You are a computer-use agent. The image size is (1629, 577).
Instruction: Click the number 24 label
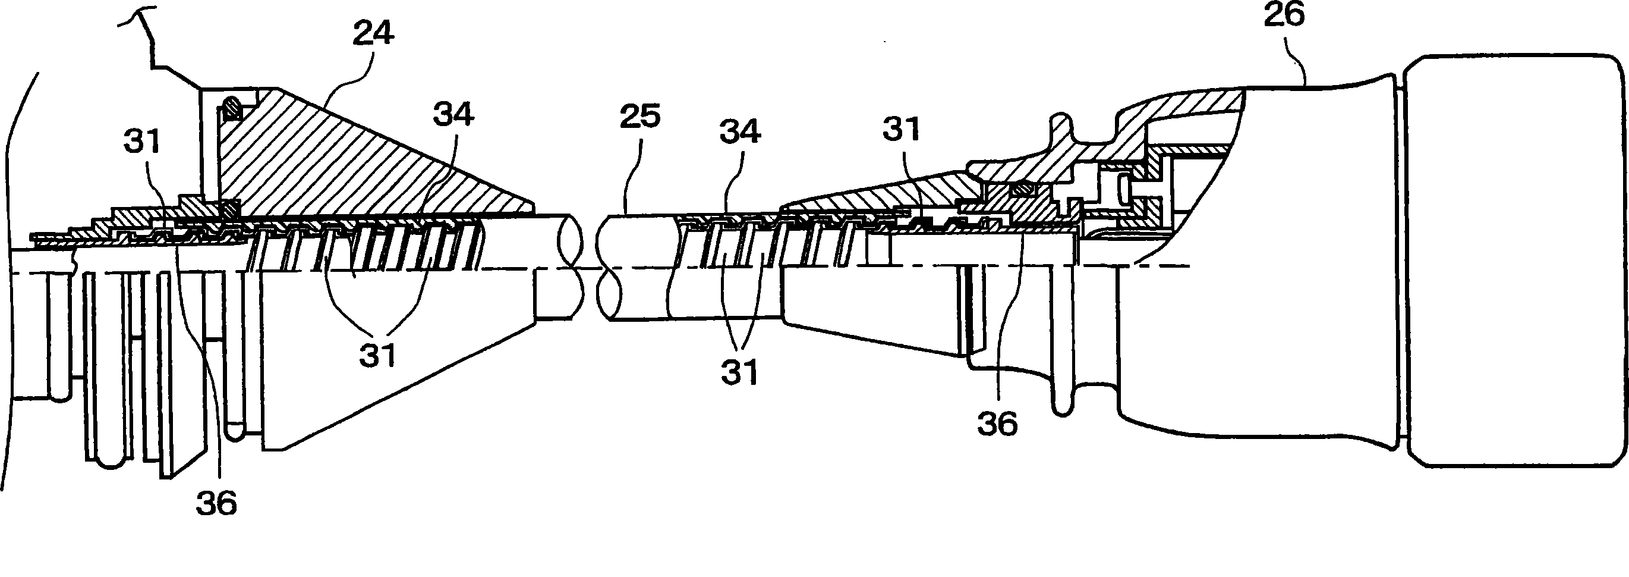pos(373,32)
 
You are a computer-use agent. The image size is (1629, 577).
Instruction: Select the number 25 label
pos(640,117)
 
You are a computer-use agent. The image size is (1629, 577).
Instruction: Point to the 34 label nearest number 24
pos(453,115)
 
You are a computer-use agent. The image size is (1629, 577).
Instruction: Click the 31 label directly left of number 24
pos(143,141)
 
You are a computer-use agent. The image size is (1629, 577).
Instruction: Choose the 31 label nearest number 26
pos(901,130)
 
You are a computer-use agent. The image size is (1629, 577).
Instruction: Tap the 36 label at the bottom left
pos(216,503)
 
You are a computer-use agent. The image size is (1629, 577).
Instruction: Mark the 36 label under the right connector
pos(997,424)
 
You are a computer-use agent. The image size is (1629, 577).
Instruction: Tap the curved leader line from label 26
pos(1296,70)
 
